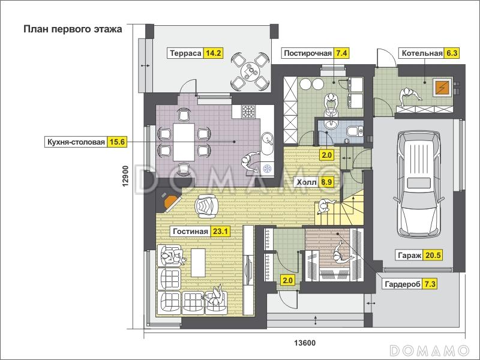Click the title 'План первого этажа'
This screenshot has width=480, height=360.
(x=73, y=29)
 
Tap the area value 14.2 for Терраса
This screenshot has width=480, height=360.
(x=213, y=53)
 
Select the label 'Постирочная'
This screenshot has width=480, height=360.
(x=308, y=53)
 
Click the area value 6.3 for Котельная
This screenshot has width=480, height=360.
(x=452, y=53)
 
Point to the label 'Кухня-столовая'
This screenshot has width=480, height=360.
(x=76, y=142)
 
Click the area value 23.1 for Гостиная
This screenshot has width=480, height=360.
(x=220, y=231)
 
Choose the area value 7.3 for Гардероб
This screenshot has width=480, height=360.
(x=430, y=284)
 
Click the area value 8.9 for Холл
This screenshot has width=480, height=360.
(x=326, y=182)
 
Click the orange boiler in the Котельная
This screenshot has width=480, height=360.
(x=442, y=88)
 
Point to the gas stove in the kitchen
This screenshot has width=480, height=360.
(x=248, y=112)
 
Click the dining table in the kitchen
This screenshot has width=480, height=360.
(x=184, y=142)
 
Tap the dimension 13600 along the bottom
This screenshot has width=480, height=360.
(x=305, y=343)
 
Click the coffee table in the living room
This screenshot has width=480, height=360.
(x=198, y=262)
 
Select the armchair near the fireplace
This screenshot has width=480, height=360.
(x=207, y=206)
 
